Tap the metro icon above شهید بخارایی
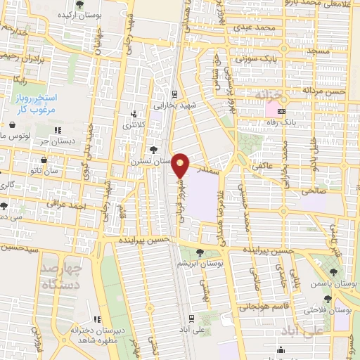coord(174,93)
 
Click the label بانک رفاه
coord(276,122)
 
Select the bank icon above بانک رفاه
coord(282,111)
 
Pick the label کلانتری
coord(136,125)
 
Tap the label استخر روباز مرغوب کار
coord(40,103)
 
